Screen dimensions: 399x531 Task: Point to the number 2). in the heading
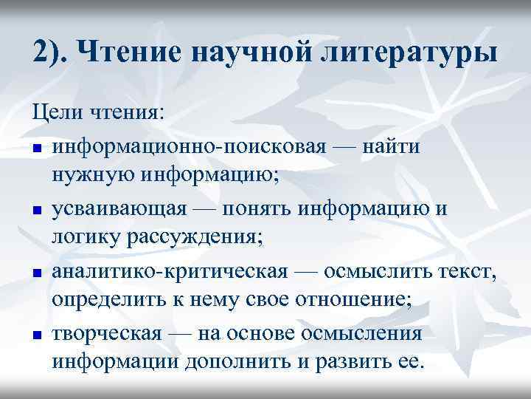pyautogui.click(x=52, y=54)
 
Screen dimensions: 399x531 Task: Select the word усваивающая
pyautogui.click(x=119, y=209)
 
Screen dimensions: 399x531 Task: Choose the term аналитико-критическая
pyautogui.click(x=169, y=271)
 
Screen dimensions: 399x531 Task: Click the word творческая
pyautogui.click(x=106, y=333)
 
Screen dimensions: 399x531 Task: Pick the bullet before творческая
pyautogui.click(x=36, y=335)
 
